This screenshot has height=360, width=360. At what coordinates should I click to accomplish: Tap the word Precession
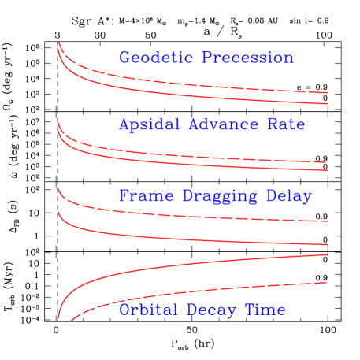247,58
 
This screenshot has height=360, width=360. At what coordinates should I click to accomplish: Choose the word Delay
289,195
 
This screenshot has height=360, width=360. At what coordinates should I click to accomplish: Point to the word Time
265,310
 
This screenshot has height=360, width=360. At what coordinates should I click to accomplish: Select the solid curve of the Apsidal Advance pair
197,161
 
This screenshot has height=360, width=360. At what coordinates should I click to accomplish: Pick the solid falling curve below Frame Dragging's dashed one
197,238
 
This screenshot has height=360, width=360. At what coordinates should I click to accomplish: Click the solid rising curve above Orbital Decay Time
197,265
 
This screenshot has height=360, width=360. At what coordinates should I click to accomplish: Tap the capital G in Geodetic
124,58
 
